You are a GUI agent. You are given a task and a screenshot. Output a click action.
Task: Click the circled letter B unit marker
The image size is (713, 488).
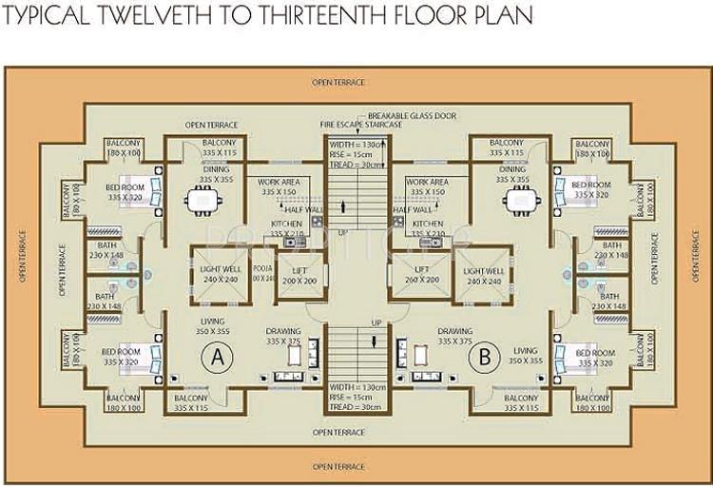487,359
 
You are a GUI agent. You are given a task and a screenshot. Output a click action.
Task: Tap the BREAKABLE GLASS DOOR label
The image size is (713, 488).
412,116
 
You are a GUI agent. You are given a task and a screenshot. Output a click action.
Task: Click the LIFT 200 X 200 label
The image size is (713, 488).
299,276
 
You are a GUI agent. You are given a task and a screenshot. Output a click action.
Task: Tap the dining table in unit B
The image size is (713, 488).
519,201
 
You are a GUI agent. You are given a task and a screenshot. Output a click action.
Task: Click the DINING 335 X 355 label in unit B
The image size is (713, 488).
513,174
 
